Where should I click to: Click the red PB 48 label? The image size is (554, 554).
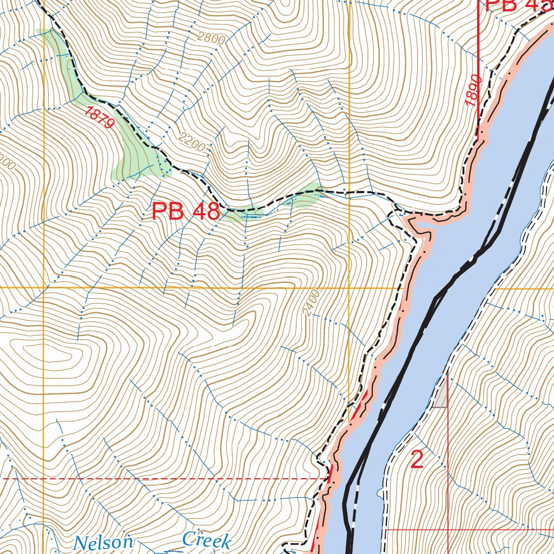point(186,212)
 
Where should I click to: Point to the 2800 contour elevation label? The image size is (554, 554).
point(212,38)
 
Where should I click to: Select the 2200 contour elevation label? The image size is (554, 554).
point(192,144)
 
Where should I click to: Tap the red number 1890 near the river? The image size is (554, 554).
point(472,90)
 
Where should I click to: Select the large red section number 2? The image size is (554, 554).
point(417,459)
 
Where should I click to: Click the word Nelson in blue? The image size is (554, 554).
point(103,542)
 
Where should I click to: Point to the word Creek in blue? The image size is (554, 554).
point(207,539)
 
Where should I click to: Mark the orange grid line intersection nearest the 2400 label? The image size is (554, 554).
point(349,288)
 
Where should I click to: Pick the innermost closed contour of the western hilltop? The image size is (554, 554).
point(57,357)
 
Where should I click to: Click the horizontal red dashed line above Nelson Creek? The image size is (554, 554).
point(162,479)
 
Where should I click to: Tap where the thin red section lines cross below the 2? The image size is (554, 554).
point(448,530)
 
